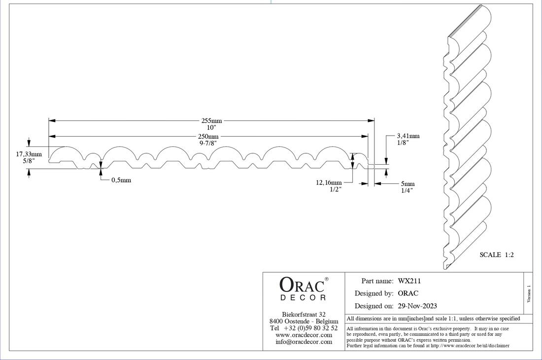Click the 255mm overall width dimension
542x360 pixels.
click(211, 120)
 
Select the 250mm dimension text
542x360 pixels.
click(208, 137)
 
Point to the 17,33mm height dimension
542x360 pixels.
click(29, 154)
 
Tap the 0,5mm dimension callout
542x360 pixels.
click(121, 180)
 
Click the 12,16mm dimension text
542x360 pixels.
click(329, 182)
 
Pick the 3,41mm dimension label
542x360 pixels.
click(408, 136)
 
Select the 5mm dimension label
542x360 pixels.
click(407, 184)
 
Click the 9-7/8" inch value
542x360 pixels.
click(208, 143)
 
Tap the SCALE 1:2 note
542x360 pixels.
click(497, 255)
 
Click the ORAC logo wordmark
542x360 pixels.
click(302, 285)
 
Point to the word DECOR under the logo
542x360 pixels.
click(303, 298)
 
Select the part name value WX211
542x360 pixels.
click(409, 281)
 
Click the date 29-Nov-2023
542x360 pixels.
click(417, 306)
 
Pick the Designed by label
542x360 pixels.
click(373, 293)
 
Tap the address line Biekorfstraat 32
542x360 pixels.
click(304, 314)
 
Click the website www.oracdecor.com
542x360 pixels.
click(304, 335)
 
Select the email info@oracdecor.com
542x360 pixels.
click(304, 342)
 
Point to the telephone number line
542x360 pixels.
click(304, 328)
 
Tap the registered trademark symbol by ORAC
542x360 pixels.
click(327, 279)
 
